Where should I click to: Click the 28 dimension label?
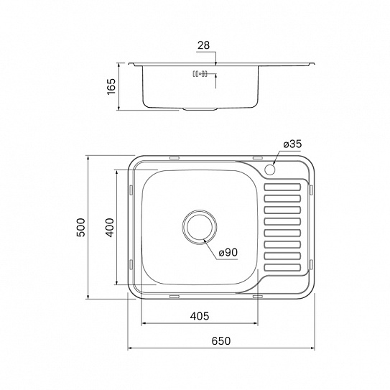(x=204, y=45)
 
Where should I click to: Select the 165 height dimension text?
(x=111, y=87)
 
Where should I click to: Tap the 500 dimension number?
(x=81, y=228)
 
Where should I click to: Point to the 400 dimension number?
(x=110, y=228)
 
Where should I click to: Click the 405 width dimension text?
(x=200, y=316)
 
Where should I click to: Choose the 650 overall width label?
(x=221, y=340)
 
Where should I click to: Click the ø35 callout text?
(x=292, y=144)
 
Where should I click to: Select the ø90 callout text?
(x=228, y=253)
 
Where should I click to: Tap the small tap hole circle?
(x=270, y=170)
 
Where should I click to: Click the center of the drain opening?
(x=200, y=227)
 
